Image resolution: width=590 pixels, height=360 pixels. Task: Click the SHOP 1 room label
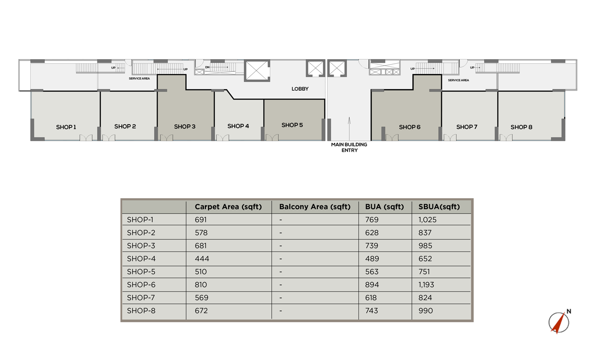coord(66,127)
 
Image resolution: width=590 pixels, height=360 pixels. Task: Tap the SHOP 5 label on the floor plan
coord(292,125)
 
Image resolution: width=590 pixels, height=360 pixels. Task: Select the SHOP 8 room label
coord(521,127)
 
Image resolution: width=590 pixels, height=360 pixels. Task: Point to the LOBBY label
coord(300,89)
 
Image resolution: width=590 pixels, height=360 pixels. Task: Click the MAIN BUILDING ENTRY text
coord(349,147)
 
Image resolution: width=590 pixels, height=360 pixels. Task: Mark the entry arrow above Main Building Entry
coord(349,129)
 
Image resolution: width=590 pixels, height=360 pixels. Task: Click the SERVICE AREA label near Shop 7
coord(458,80)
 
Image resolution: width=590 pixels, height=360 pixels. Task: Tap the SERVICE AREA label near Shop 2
coord(139,79)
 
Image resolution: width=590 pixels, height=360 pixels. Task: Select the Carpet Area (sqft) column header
coord(228,206)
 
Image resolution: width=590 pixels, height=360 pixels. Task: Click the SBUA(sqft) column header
coord(439,206)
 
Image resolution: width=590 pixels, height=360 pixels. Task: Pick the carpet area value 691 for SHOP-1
coord(201,220)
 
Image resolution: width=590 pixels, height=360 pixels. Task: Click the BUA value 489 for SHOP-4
coord(372,258)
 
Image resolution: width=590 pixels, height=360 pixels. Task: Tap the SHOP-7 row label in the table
coord(141,298)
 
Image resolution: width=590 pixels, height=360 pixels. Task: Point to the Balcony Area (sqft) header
coord(315,206)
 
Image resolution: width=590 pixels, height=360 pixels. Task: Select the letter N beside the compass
coord(569,311)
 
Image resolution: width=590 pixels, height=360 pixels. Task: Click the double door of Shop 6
coord(392,137)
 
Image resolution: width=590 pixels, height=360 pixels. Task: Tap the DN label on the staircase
coord(207,67)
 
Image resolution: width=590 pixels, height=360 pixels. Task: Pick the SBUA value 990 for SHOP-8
coord(426,311)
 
